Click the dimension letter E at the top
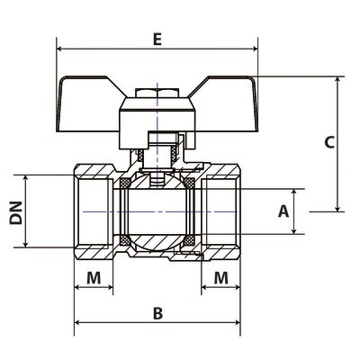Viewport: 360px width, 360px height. point(157,40)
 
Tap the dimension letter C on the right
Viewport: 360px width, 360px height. point(329,142)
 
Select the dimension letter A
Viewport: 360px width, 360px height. point(283,211)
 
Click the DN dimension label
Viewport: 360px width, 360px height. point(16,213)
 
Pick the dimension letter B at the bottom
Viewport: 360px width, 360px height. point(157,313)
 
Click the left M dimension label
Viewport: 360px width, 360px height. point(94,278)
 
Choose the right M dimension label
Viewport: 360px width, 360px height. point(221,278)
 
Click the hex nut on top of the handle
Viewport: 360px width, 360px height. point(157,93)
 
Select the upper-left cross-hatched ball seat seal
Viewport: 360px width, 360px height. point(125,183)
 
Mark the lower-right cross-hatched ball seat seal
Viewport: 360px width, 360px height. point(189,240)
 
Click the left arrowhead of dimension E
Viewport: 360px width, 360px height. point(59,49)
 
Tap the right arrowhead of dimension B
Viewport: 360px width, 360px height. point(238,322)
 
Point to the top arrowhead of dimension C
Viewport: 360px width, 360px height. point(338,79)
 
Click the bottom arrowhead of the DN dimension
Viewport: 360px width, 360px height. point(25,245)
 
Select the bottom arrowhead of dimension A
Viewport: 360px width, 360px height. point(294,230)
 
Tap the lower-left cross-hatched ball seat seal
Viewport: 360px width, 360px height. point(125,240)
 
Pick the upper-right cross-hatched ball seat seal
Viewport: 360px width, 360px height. point(189,183)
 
